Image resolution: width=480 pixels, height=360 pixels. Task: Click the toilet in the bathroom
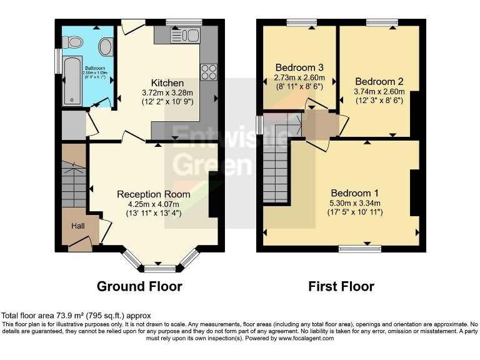[74, 42]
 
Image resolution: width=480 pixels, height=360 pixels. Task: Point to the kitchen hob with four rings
[207, 70]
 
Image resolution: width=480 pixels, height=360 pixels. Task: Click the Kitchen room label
[167, 82]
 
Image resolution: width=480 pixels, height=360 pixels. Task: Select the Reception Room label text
[153, 194]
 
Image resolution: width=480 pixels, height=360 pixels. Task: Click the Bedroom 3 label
[298, 67]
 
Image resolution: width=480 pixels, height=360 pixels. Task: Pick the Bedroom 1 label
[354, 192]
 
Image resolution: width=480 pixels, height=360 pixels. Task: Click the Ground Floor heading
[139, 287]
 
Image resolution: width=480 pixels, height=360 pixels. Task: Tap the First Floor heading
[341, 287]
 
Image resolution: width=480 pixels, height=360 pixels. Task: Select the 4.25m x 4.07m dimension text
[153, 204]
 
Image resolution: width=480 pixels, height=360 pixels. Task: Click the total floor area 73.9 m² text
[75, 316]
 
